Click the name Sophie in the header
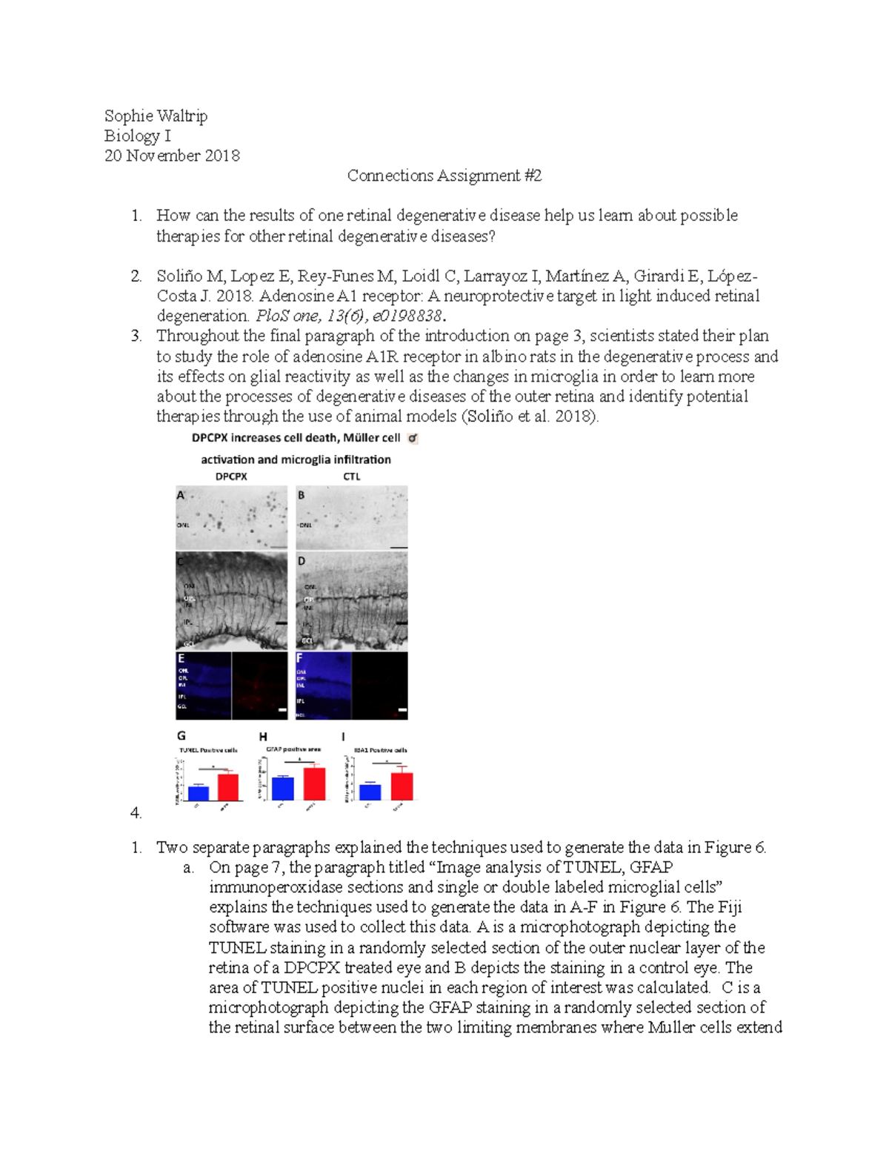(129, 116)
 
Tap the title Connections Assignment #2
(444, 176)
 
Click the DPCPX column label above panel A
(231, 477)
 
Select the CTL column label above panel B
(351, 477)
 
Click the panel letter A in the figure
(181, 495)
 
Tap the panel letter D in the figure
(302, 561)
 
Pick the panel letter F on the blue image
(300, 658)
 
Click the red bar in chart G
(228, 786)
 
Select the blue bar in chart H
(283, 789)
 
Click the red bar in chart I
(402, 786)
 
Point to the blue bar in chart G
(199, 792)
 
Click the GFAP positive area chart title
(293, 749)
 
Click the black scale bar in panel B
(399, 547)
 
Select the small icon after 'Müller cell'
(413, 438)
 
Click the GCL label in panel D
(307, 640)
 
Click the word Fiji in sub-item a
(729, 907)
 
